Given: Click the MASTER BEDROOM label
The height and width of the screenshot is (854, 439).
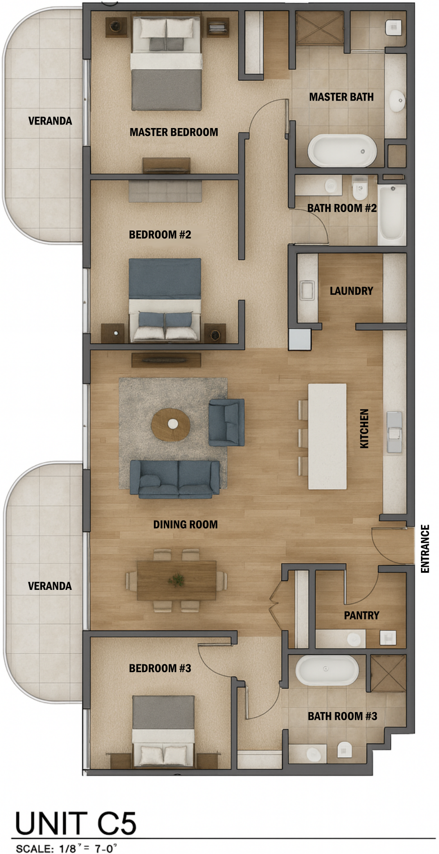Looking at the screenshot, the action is click(x=174, y=132).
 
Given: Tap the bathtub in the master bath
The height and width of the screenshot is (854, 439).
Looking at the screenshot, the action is click(x=342, y=150).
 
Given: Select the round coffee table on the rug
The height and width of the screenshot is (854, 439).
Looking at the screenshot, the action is click(x=170, y=424).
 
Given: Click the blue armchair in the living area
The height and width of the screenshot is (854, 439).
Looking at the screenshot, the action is click(x=226, y=422).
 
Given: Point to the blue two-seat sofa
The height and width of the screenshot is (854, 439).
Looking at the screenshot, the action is click(x=175, y=479).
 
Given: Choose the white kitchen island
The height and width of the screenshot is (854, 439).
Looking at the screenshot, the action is click(x=327, y=436).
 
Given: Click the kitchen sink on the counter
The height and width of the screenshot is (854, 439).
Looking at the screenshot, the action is click(x=394, y=432).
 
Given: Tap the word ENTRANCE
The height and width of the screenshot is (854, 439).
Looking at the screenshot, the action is click(x=425, y=549).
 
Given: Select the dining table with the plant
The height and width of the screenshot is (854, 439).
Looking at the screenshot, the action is click(x=176, y=580).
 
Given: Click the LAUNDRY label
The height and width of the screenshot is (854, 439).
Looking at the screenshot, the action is click(x=351, y=291).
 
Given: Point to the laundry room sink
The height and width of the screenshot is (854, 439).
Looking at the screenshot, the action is click(x=307, y=290).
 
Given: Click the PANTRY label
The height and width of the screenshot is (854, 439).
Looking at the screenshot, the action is click(x=362, y=615).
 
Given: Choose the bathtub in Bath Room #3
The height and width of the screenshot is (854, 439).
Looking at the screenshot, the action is click(x=327, y=670).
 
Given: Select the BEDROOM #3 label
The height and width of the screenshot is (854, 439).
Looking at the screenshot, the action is click(x=160, y=668).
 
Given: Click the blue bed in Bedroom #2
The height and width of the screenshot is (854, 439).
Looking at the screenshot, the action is click(x=165, y=299).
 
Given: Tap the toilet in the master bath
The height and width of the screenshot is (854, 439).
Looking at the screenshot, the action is click(x=394, y=28).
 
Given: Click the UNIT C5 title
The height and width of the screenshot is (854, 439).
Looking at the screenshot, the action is click(x=76, y=823).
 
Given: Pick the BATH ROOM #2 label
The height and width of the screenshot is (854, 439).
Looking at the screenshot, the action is click(x=342, y=208).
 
